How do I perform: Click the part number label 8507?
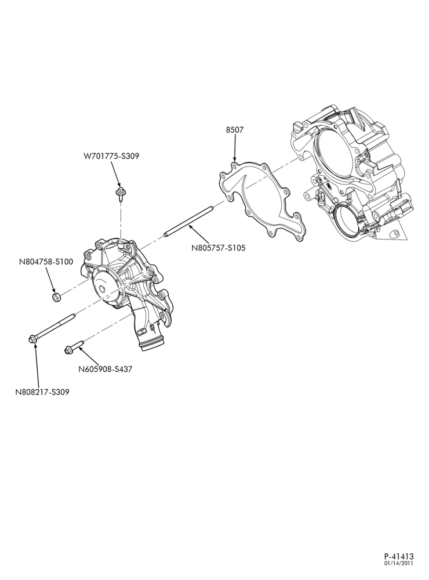[235, 130]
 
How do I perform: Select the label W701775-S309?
[111, 156]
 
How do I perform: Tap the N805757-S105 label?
[218, 248]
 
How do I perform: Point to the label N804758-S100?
[46, 262]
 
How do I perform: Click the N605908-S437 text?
[106, 369]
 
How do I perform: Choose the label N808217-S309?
[42, 391]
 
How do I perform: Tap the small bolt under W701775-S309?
[120, 194]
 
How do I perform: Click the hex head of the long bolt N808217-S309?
[32, 339]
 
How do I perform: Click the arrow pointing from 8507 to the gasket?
[235, 149]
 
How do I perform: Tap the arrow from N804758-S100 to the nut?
[50, 280]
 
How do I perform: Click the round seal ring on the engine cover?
[346, 222]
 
